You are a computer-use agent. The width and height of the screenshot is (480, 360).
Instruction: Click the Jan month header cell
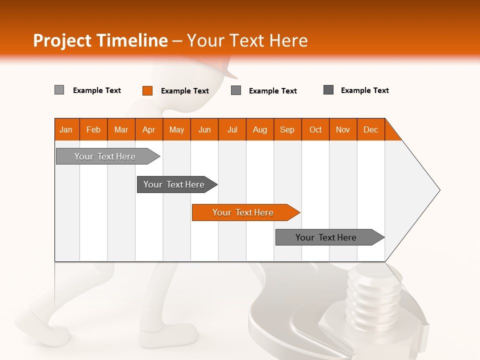[x=66, y=129]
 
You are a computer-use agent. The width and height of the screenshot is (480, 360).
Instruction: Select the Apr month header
[x=149, y=129]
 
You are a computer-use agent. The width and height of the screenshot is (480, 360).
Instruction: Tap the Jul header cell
[x=232, y=129]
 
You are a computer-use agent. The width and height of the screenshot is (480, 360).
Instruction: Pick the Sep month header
[x=287, y=129]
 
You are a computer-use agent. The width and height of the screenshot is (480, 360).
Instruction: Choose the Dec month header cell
[x=370, y=129]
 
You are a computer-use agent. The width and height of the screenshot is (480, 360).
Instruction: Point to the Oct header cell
[x=315, y=129]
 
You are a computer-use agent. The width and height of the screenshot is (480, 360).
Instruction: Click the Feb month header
[x=93, y=129]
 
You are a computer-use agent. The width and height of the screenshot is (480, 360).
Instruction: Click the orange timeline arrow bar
[x=245, y=212]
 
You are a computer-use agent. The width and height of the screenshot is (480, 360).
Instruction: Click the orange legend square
[x=147, y=90]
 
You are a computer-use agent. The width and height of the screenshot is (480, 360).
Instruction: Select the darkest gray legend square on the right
[x=328, y=90]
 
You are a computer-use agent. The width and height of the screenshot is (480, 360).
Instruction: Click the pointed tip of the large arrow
[x=438, y=190]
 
